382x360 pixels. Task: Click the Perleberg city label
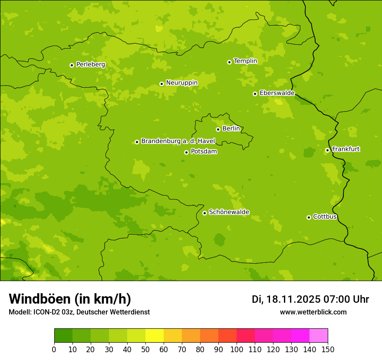click(x=90, y=65)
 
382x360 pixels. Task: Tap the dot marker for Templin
click(x=229, y=62)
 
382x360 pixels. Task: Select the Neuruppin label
click(x=181, y=83)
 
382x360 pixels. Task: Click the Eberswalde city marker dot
click(x=255, y=94)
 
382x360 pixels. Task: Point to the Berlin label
click(x=231, y=129)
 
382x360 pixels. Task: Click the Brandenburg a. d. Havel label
click(x=178, y=141)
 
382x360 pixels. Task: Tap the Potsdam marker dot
click(x=186, y=152)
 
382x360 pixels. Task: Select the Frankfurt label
click(x=346, y=149)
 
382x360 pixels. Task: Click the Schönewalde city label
click(x=229, y=212)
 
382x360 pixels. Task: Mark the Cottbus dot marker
click(x=309, y=217)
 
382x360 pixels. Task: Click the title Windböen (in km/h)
click(x=70, y=299)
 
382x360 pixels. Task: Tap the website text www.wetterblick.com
click(x=313, y=312)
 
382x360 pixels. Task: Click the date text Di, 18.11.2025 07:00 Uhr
click(x=310, y=299)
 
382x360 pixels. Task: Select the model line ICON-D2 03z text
click(x=79, y=312)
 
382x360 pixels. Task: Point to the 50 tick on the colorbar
click(x=145, y=349)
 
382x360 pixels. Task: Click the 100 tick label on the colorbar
click(x=237, y=349)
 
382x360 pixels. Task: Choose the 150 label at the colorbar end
click(x=328, y=349)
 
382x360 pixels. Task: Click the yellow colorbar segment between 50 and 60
click(x=155, y=336)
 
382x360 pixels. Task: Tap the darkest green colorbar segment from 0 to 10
click(x=63, y=336)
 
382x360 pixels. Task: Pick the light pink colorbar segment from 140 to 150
click(x=319, y=336)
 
